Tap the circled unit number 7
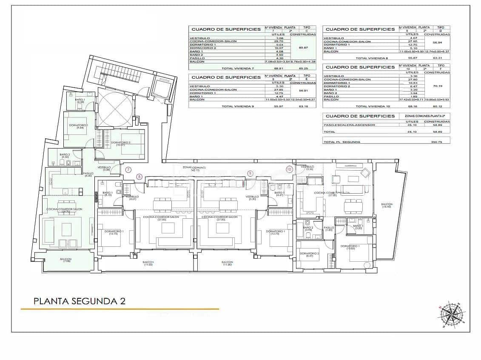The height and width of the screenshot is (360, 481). pos(128,169)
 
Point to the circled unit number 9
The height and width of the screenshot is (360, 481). pos(250,173)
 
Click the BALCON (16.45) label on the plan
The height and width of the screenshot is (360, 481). pos(387,206)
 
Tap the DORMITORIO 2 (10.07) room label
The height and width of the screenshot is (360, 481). pos(121,144)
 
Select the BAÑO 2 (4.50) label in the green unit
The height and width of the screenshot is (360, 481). pos(65,156)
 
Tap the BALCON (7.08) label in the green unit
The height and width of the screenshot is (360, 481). pos(65,260)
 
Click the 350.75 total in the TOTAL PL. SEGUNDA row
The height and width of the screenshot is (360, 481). pos(437,142)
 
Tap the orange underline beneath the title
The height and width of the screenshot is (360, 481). pos(120,309)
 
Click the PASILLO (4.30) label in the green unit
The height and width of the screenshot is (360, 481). pos(88,174)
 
